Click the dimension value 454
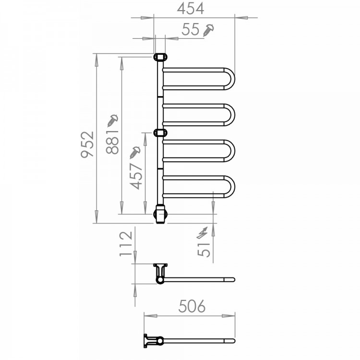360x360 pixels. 191,9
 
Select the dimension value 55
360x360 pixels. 191,29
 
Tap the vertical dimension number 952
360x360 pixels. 86,145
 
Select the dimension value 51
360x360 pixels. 204,249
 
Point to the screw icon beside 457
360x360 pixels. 136,152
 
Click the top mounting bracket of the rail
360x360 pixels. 160,57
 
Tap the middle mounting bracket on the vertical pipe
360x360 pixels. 160,133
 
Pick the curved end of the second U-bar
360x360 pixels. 232,114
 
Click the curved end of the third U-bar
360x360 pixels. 232,150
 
